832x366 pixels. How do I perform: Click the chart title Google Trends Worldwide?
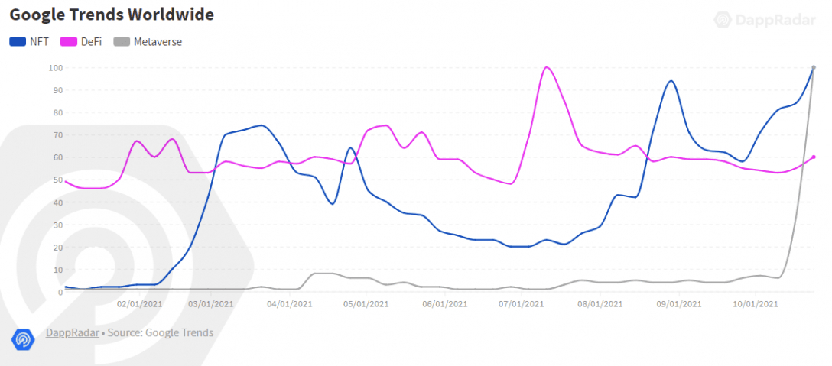click(112, 15)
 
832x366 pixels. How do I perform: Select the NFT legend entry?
click(31, 41)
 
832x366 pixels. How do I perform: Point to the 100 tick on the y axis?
click(56, 68)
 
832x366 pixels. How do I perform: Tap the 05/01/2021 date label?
click(366, 304)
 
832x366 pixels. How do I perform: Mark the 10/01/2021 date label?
click(756, 304)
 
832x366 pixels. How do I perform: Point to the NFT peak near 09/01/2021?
click(671, 81)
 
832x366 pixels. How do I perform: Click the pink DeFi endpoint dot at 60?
click(814, 157)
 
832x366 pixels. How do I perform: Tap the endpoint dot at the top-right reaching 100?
click(814, 67)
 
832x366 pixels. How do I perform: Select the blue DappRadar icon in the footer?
click(22, 338)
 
